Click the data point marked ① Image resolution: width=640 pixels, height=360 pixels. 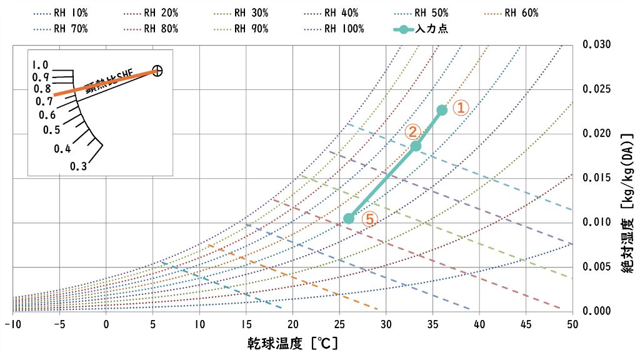click(442, 110)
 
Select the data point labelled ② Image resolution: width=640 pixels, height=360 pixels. click(416, 146)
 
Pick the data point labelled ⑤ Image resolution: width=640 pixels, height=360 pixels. click(349, 218)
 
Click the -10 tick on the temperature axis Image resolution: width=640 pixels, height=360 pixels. click(12, 324)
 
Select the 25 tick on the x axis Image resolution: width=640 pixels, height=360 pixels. click(339, 324)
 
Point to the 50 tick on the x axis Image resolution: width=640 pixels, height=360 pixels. click(572, 324)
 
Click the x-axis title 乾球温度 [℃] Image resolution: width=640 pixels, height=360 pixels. click(292, 343)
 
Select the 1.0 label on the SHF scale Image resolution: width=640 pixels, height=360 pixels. click(41, 65)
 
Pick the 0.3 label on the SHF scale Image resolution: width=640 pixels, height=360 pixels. click(78, 166)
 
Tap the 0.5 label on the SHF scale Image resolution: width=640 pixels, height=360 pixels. click(51, 130)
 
